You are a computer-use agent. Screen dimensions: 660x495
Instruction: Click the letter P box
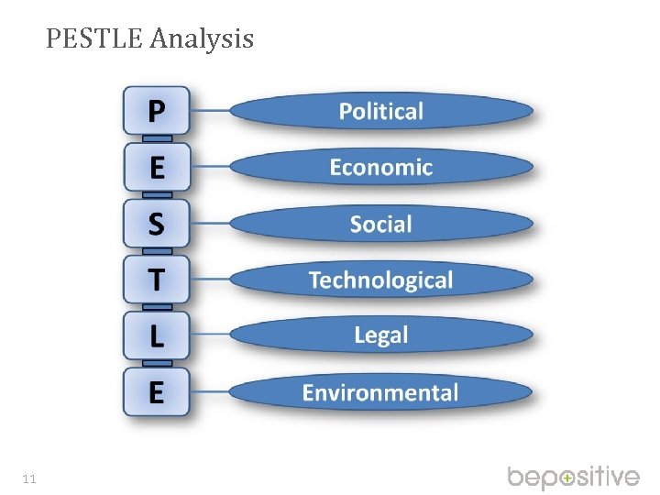[157, 112]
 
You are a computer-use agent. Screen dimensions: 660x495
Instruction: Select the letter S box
[157, 224]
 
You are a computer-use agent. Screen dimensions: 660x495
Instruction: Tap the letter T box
[157, 280]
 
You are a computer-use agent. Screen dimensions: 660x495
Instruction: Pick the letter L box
[157, 335]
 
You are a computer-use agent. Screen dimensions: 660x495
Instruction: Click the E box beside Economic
[157, 168]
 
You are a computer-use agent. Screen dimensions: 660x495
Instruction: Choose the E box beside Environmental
[157, 392]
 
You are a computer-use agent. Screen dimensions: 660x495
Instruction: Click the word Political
[381, 112]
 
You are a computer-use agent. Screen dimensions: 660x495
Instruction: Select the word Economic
[381, 168]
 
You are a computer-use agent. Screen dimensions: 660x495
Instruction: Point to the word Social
[381, 224]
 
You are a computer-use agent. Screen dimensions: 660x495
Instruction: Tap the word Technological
[381, 280]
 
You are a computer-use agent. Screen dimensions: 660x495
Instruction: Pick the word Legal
[381, 335]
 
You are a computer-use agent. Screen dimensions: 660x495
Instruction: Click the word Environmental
[381, 393]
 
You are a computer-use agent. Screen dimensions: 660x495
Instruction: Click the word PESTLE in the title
[94, 39]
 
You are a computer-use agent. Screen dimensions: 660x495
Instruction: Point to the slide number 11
[29, 478]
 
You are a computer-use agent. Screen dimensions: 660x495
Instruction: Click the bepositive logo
[574, 478]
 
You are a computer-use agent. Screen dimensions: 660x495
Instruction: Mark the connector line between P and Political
[210, 112]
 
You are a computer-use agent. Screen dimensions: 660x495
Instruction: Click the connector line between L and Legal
[210, 335]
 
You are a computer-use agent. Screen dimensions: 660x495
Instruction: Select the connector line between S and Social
[210, 224]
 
